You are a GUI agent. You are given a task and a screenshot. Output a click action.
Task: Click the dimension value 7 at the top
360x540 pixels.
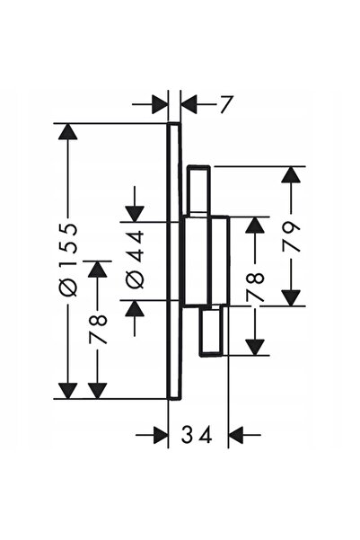[x=226, y=104]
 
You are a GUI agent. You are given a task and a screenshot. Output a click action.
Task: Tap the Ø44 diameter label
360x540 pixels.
[x=135, y=259]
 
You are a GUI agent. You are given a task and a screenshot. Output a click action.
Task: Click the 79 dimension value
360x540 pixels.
[x=291, y=236]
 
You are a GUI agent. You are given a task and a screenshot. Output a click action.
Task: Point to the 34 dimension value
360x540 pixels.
[x=197, y=435]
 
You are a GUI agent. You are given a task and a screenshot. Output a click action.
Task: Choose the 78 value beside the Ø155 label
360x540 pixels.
[x=98, y=328]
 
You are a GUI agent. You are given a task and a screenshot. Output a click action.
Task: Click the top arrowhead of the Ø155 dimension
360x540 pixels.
[x=67, y=131]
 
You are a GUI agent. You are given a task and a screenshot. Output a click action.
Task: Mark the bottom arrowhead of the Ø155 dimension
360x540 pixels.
[x=67, y=391]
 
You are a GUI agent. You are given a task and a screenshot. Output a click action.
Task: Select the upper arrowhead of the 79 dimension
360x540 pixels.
[x=291, y=174]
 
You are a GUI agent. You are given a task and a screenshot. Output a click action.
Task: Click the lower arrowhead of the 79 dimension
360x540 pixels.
[x=291, y=297]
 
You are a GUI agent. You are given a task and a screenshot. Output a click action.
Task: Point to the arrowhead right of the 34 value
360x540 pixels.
[x=236, y=435]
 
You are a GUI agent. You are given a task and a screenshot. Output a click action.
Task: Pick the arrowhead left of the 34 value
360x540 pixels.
[x=161, y=435]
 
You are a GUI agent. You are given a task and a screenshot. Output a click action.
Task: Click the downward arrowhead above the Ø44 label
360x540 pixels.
[x=135, y=214]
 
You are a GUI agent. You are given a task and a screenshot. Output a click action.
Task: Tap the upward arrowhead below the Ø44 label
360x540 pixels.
[x=135, y=308]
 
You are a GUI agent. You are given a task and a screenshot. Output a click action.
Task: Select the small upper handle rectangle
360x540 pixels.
[x=198, y=190]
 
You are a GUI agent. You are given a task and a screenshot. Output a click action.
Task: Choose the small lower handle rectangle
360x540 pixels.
[x=211, y=331]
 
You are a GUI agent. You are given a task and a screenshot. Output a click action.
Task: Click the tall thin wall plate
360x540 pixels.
[x=174, y=261]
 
